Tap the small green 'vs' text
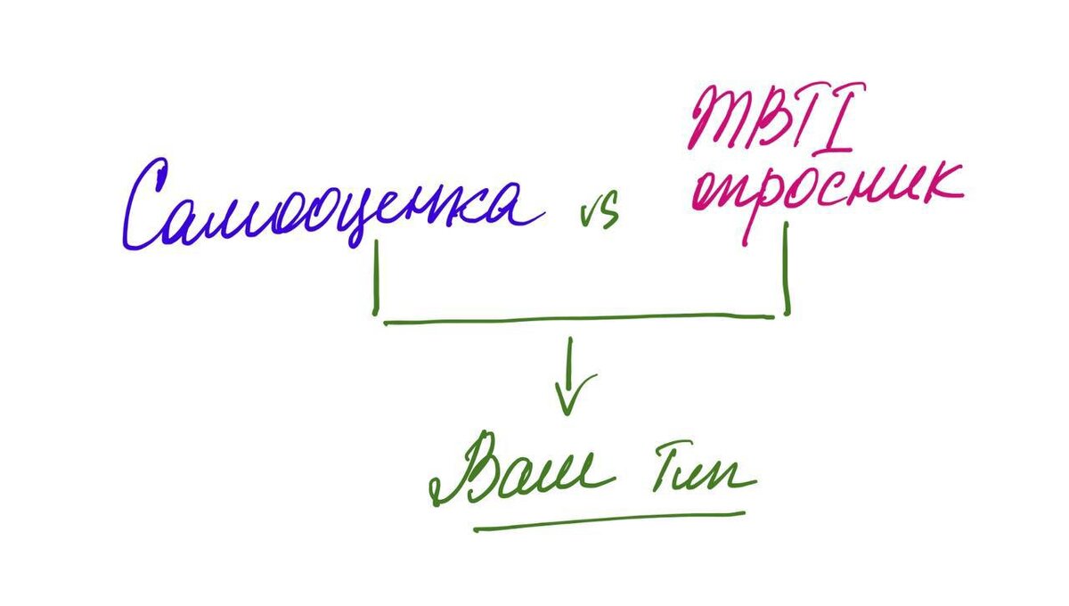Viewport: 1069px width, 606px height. [x=599, y=215]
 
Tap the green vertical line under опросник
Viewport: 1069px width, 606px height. [x=787, y=267]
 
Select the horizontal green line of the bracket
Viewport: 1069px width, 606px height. [x=579, y=319]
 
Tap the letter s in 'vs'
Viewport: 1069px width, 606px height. [x=609, y=216]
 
